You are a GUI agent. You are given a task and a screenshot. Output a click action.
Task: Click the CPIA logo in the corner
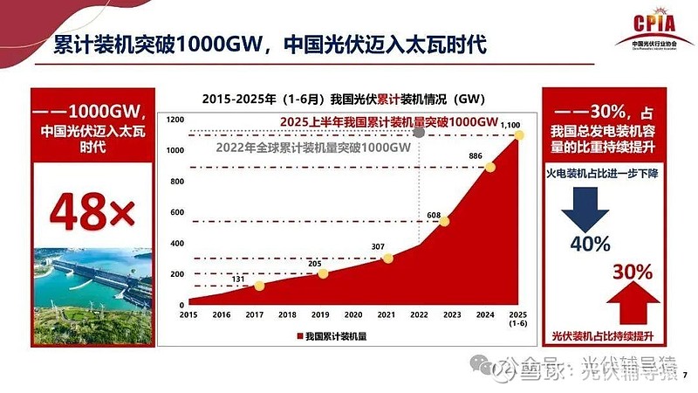[x=660, y=27]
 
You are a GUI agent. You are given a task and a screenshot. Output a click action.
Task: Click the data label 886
[x=476, y=156]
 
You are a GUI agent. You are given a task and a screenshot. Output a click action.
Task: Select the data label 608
[x=434, y=210]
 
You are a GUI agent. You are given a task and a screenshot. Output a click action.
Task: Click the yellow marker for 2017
[x=259, y=286]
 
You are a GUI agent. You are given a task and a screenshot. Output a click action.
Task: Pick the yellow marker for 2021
[x=388, y=258]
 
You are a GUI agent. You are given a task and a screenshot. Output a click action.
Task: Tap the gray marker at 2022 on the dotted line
[x=421, y=133]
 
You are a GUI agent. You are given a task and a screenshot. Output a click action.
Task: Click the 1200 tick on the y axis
[x=177, y=120]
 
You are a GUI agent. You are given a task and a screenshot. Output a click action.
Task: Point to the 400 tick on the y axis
[x=177, y=244]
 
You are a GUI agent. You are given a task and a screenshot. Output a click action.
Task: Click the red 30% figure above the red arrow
[x=633, y=272]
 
